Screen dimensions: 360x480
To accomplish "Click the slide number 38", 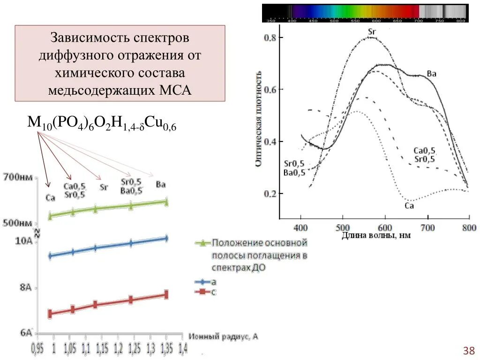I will coord(469,351).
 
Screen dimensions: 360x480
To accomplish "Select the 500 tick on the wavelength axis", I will coord(343,227).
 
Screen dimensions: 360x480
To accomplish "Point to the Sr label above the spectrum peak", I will coord(373,31).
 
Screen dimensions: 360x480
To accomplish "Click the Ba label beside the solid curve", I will coord(432,74).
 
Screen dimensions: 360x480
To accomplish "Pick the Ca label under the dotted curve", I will coord(409,205).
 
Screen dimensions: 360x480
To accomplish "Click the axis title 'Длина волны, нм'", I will coord(375,236).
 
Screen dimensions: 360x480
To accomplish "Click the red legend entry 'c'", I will coord(206,292).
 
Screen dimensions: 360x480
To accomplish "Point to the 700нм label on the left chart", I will coord(19,178).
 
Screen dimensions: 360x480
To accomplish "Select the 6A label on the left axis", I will coord(26,333).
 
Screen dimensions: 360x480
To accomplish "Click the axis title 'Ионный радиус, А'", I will coord(224,337).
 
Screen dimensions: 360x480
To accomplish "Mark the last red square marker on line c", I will coord(165,295).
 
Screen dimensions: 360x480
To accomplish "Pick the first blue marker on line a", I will coord(50,256).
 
